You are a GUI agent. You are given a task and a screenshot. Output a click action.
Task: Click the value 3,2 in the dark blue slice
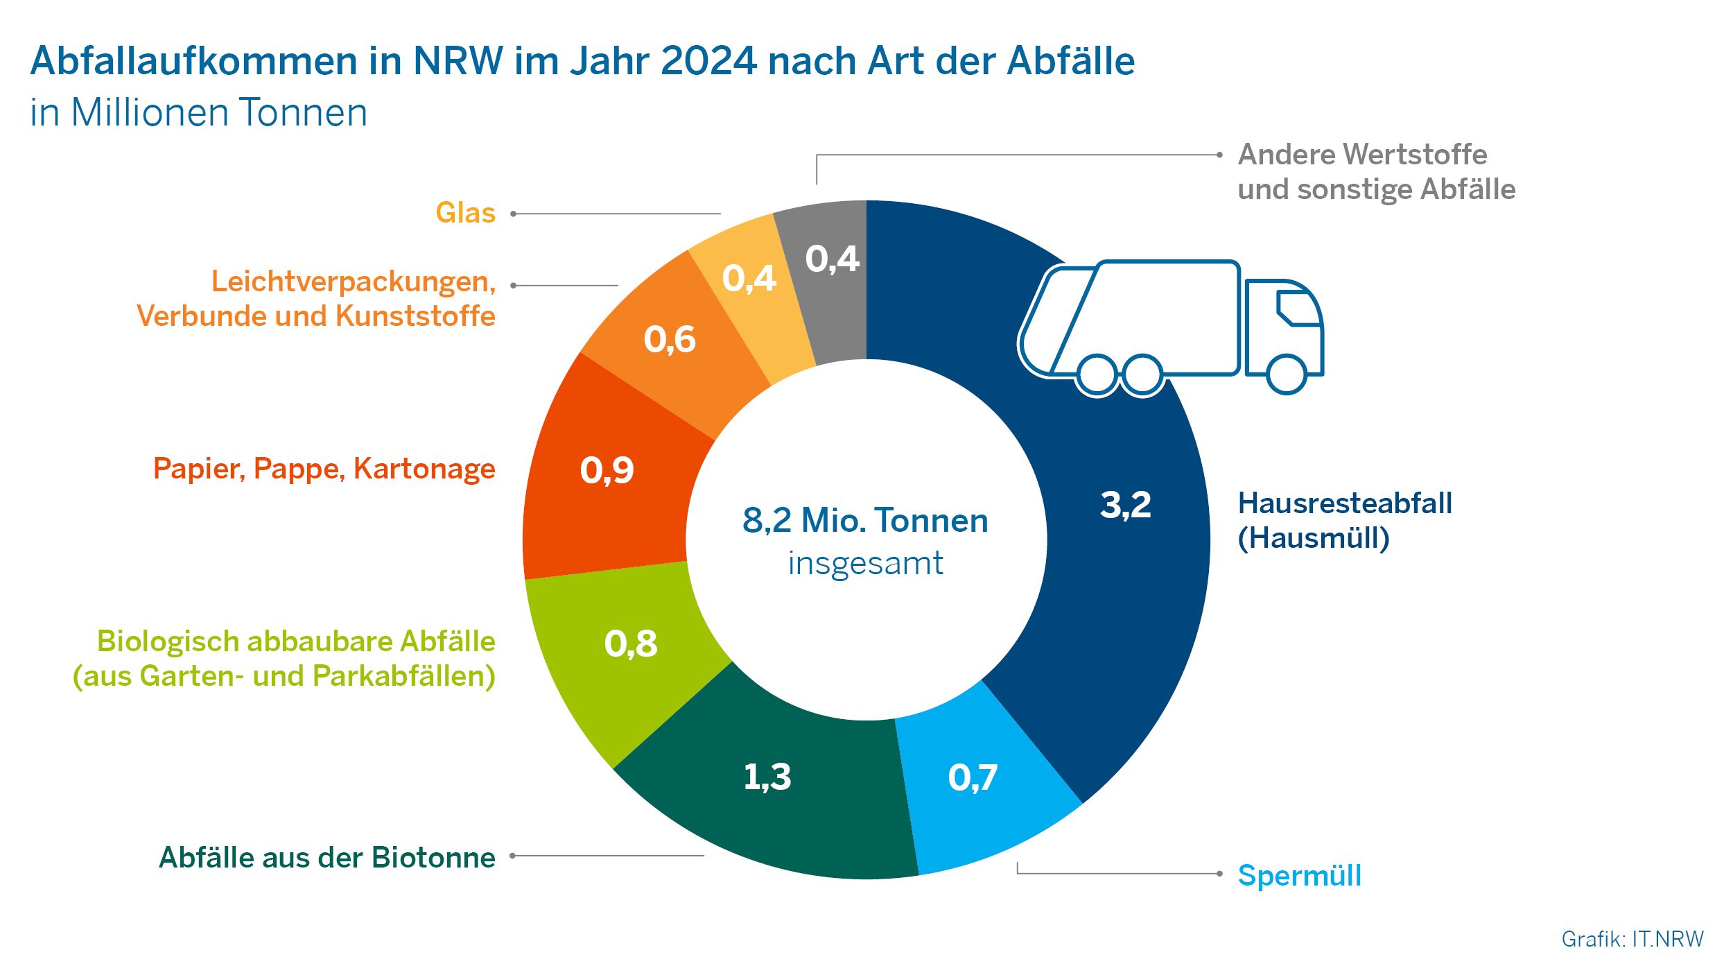(x=1125, y=504)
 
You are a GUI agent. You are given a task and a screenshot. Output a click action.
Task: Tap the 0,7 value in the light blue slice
(x=973, y=777)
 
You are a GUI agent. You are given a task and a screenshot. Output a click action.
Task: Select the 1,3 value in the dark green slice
(x=767, y=776)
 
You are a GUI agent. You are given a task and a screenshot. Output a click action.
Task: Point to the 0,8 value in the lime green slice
(x=631, y=643)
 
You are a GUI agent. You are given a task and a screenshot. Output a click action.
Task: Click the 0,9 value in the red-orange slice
(x=607, y=469)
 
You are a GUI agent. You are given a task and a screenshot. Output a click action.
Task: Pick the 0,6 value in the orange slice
(x=670, y=339)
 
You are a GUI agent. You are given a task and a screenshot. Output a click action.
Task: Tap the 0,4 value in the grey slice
(x=832, y=259)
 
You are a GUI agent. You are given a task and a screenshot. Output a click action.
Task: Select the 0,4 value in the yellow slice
(x=749, y=278)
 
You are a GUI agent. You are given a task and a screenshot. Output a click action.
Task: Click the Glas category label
(x=465, y=213)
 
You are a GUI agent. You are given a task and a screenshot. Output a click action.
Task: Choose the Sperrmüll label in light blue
(x=1299, y=875)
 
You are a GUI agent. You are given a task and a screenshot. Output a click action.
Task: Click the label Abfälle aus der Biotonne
(x=327, y=857)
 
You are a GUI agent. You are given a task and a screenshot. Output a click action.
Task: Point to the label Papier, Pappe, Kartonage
(x=324, y=468)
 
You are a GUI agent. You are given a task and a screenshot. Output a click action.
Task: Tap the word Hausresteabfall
(x=1345, y=503)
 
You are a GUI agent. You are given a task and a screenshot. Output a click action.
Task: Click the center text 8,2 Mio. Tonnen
(x=865, y=520)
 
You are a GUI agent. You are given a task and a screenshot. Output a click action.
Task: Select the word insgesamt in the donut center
(x=865, y=563)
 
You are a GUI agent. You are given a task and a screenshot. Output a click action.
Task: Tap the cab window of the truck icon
(x=1298, y=308)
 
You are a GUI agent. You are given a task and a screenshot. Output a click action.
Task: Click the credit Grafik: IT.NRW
(x=1632, y=939)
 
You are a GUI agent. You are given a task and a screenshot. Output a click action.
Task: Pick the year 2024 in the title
(x=708, y=60)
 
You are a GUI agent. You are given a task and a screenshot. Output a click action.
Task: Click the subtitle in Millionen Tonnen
(x=198, y=112)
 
